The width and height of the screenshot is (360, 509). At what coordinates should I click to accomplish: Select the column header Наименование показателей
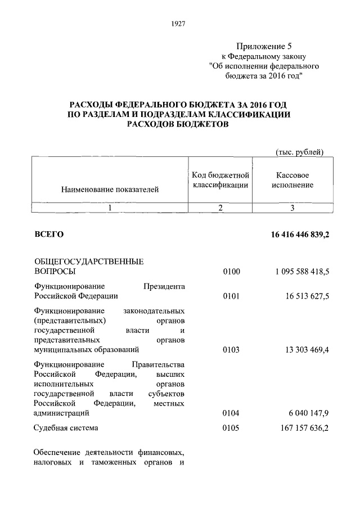(110, 190)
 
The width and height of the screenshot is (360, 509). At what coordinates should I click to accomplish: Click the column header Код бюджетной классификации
(220, 180)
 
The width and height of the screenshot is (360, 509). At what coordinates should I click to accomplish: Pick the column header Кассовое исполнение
(292, 180)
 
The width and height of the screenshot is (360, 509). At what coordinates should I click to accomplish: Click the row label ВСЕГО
(49, 234)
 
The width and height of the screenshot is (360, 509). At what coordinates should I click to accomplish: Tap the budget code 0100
(231, 272)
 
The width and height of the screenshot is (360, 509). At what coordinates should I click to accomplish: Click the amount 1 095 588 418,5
(302, 272)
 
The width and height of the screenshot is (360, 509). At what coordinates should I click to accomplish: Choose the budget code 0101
(231, 296)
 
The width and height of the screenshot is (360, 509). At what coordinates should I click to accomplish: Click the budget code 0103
(231, 350)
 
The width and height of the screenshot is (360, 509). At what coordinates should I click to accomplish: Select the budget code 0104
(231, 413)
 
